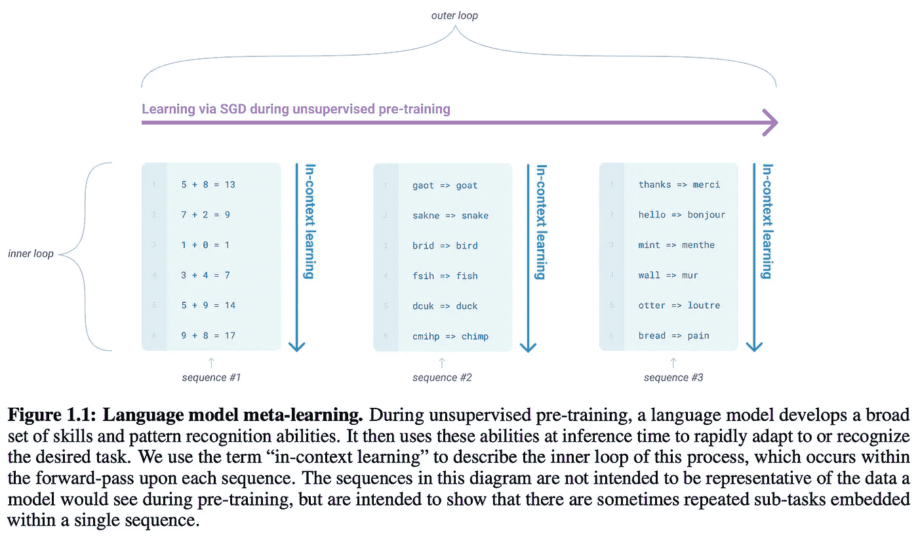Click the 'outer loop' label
coord(454,15)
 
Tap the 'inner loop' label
coord(31,254)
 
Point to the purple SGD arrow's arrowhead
coord(770,123)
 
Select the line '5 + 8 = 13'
coord(208,184)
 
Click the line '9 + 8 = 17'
coord(208,336)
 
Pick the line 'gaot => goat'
coord(445,186)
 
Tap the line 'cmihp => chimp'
coord(450,336)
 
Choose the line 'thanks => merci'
coord(679,184)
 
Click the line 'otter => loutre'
coord(679,306)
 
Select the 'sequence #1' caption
coord(211,378)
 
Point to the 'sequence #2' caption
coord(442,378)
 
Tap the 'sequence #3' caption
coord(673,378)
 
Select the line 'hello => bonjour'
coord(682,214)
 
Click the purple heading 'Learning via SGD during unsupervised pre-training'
coord(296,109)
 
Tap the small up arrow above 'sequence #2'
coord(441,361)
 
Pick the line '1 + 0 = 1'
coord(205,245)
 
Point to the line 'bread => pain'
coord(673,336)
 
